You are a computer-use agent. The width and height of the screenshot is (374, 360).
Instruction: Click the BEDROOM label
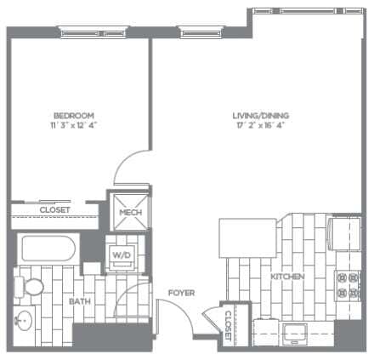tap(73, 115)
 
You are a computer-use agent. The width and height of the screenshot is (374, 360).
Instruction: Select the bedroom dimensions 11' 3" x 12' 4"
tap(73, 125)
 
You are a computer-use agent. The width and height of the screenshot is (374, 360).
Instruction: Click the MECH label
tap(129, 213)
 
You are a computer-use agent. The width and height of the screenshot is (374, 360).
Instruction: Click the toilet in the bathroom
tap(34, 287)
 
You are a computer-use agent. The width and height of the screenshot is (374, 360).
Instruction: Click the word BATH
tap(81, 301)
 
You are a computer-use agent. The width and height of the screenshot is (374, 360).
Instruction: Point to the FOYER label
tap(181, 293)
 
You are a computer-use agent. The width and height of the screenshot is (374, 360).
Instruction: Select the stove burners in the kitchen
tap(348, 285)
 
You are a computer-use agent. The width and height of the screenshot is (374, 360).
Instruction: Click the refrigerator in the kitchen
tap(347, 231)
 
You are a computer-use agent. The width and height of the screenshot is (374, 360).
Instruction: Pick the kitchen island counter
tap(246, 234)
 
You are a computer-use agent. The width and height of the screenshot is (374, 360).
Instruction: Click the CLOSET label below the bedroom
tap(55, 210)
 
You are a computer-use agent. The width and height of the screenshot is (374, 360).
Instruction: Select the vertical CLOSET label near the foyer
tap(228, 324)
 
